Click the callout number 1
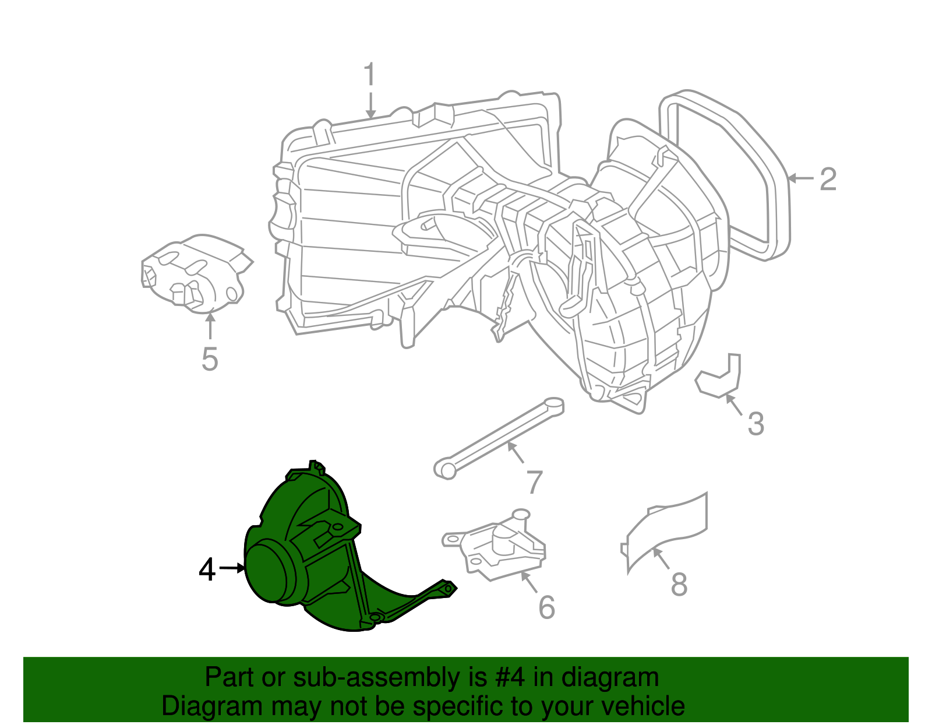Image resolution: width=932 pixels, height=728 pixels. [369, 75]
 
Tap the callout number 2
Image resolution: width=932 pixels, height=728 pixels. [828, 179]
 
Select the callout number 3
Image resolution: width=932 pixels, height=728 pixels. [756, 424]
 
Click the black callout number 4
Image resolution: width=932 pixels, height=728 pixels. [207, 569]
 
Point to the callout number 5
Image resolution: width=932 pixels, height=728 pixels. [209, 358]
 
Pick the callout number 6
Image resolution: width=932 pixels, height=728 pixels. [546, 607]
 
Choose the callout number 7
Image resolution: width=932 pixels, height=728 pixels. [534, 482]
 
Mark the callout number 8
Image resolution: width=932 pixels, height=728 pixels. [679, 584]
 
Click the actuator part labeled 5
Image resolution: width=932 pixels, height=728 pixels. [195, 274]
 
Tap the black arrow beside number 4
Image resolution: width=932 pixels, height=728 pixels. [232, 568]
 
